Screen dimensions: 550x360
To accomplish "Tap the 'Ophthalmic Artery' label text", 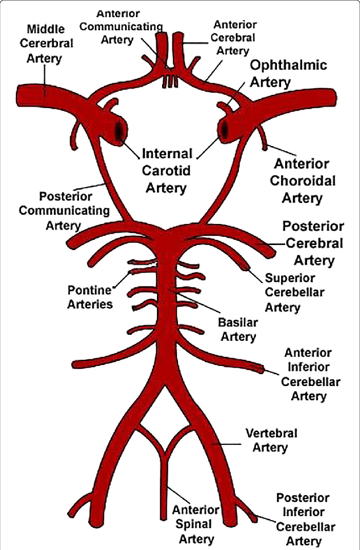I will (x=288, y=73).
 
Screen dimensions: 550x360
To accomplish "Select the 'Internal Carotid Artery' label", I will (x=167, y=170).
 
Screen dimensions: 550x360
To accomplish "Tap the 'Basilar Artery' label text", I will (x=237, y=330).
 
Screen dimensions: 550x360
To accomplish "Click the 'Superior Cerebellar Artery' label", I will (x=290, y=292).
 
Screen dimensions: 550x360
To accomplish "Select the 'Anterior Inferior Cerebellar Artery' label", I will (x=308, y=374).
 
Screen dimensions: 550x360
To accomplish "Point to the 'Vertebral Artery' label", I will (x=271, y=440).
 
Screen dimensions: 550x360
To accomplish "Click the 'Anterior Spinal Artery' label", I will (x=195, y=524).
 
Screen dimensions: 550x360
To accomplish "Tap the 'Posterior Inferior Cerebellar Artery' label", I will (x=303, y=519).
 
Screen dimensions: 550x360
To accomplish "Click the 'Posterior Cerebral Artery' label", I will (x=314, y=243).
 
